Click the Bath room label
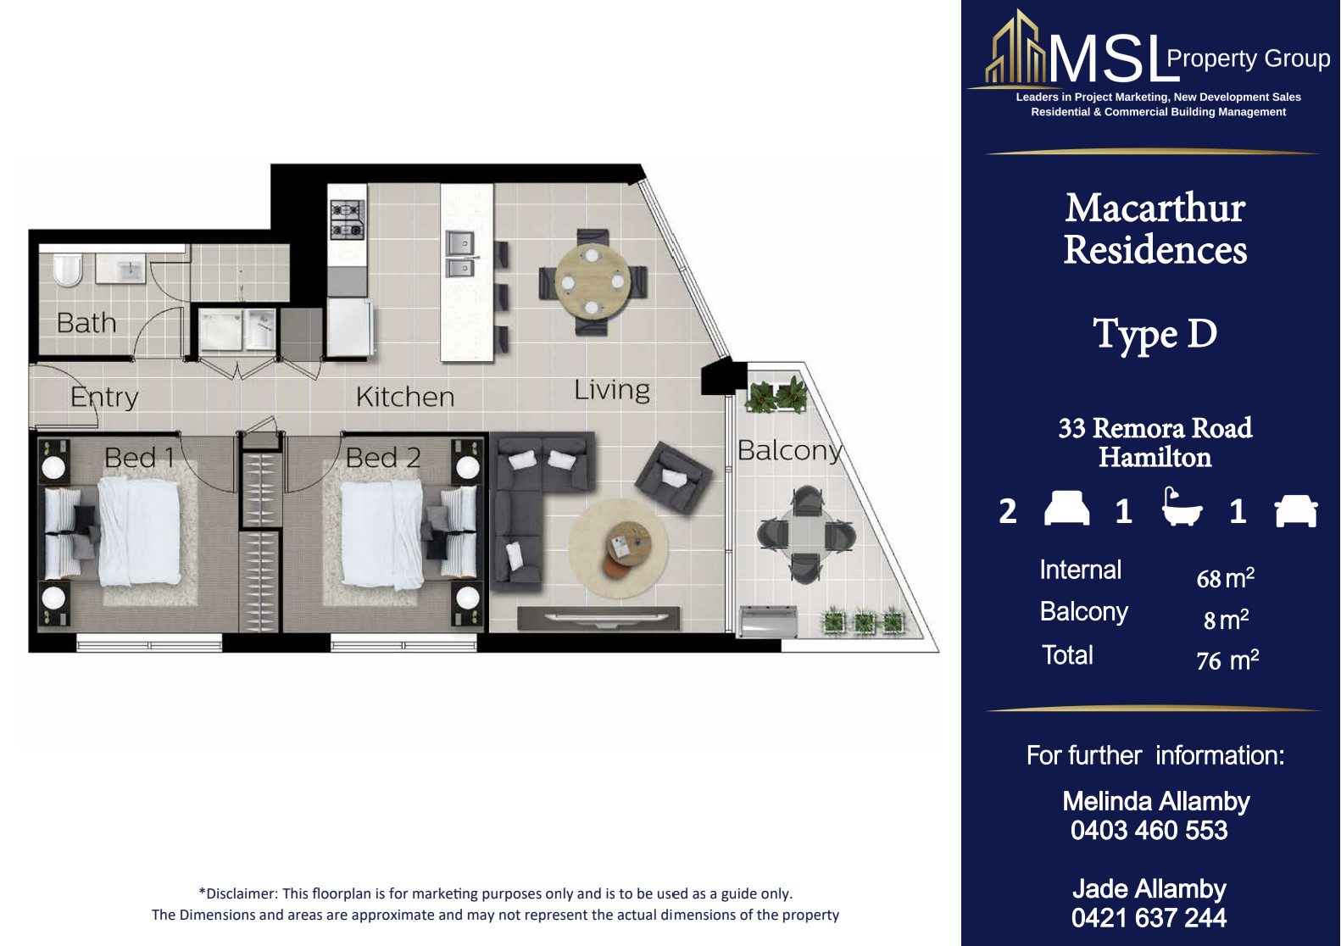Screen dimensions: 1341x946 click(86, 323)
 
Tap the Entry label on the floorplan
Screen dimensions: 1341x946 click(104, 398)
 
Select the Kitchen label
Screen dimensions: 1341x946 click(404, 397)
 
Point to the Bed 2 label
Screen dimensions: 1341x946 click(383, 458)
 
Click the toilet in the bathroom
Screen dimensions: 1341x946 click(68, 270)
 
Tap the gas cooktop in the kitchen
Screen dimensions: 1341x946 click(348, 220)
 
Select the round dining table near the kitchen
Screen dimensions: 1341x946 click(592, 281)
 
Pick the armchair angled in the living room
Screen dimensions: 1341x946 click(674, 477)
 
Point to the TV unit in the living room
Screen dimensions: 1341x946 click(598, 619)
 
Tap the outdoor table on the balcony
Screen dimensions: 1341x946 click(806, 535)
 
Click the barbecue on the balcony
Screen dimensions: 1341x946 click(769, 621)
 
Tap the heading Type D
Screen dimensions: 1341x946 click(1155, 333)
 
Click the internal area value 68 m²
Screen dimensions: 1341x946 click(1225, 578)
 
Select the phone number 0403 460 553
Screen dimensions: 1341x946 click(1149, 831)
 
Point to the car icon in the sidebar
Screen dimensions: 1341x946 click(1296, 510)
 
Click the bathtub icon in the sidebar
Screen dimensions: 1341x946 click(1181, 507)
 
